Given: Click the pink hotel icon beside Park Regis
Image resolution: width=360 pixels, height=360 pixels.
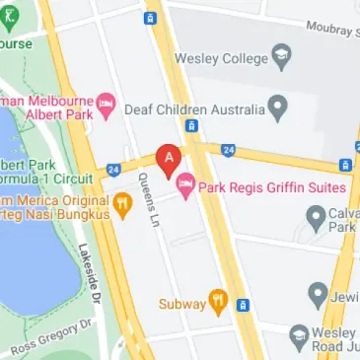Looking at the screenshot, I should click(x=184, y=184).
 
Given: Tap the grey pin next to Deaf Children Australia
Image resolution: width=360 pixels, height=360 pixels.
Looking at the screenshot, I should click(x=279, y=104).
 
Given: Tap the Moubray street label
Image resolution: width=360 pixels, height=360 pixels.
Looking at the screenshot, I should click(x=331, y=28).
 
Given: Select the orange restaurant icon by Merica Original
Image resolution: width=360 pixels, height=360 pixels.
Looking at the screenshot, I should click(x=123, y=205).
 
